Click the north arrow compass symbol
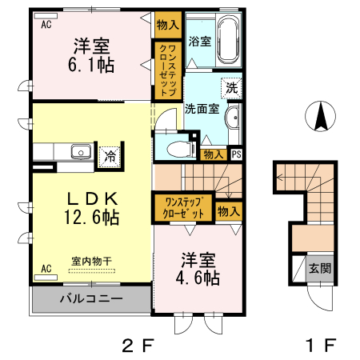(320, 118)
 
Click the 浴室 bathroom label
(199, 41)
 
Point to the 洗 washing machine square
(231, 87)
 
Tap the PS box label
(236, 155)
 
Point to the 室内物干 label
(90, 261)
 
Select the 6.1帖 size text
(90, 65)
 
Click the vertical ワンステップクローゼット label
(168, 70)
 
